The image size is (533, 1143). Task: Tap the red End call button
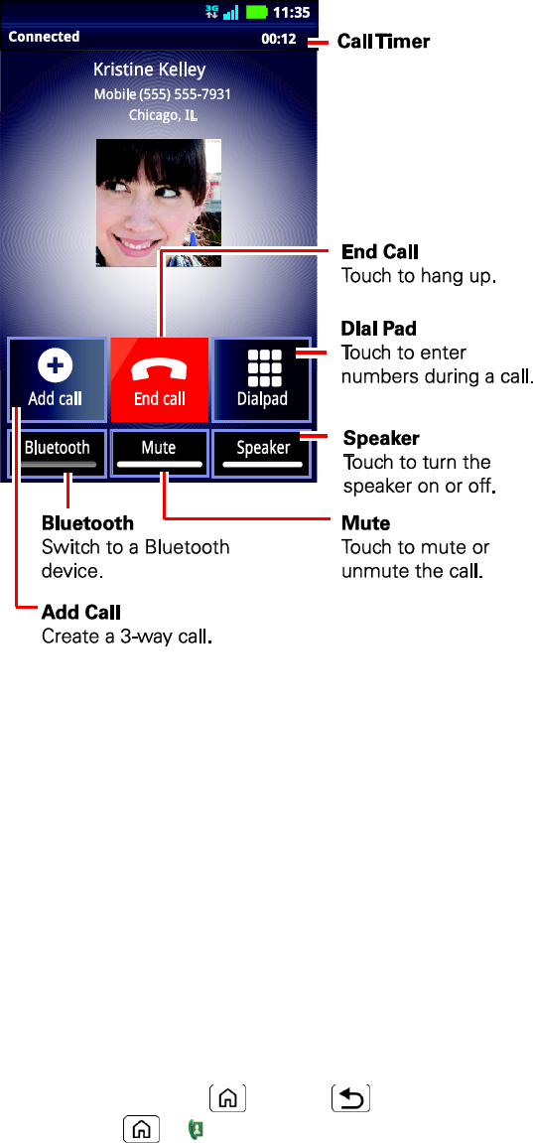point(160,379)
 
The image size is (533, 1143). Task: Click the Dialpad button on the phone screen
point(262,379)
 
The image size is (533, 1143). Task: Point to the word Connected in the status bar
point(44,37)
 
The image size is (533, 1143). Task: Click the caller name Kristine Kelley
point(149,70)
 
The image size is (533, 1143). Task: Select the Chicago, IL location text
point(163,115)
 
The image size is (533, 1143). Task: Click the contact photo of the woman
point(159,203)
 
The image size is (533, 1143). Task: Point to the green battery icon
point(256,12)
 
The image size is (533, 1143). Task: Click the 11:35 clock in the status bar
point(291,12)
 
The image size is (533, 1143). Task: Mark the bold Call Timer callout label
point(384,42)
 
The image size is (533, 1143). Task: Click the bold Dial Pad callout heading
point(379,329)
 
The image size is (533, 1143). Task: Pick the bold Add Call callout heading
point(80,612)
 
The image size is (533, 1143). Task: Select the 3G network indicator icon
point(211,12)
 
